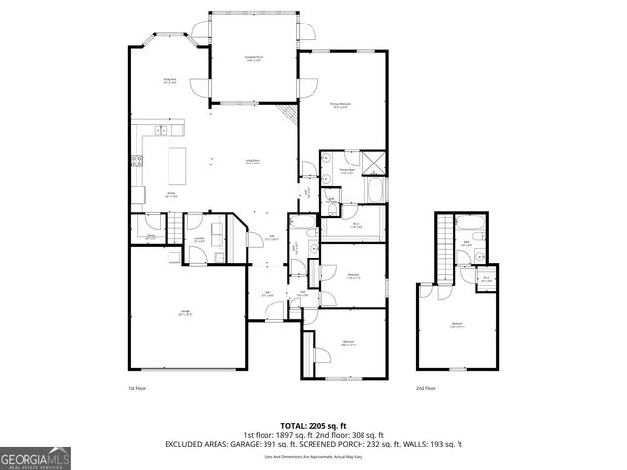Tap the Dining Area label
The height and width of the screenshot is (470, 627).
(x=169, y=82)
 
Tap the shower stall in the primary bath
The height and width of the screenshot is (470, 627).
(x=373, y=162)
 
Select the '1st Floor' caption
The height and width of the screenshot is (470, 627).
(x=137, y=388)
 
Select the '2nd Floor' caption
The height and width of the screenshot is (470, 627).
(x=425, y=388)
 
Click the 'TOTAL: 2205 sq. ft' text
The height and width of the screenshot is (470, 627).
(x=313, y=426)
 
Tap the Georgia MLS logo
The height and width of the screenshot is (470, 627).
(x=31, y=457)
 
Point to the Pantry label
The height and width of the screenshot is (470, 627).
(x=151, y=236)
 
